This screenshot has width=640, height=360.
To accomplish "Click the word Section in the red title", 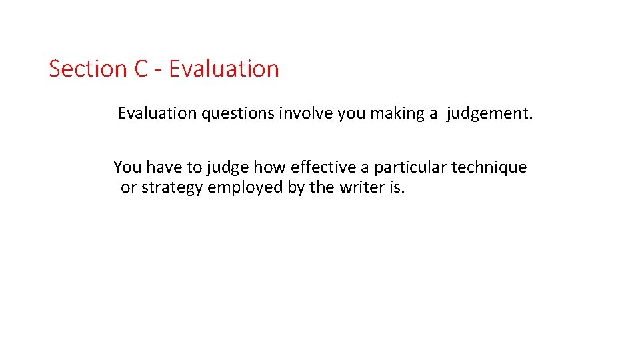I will click(x=88, y=69).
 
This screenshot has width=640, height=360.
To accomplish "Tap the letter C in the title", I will click(x=141, y=69).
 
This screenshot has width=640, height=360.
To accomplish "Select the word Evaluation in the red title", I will click(x=224, y=69).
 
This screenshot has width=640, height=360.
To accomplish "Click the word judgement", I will click(x=490, y=114).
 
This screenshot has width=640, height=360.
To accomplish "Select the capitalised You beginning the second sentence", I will click(x=127, y=167).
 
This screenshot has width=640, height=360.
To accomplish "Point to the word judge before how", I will click(x=228, y=167).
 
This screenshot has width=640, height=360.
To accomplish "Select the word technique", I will click(x=489, y=167).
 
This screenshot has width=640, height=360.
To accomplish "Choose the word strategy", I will click(x=172, y=188).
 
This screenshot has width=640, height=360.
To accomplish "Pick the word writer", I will click(x=361, y=187).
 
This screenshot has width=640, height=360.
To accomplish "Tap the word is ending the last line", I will click(x=396, y=187).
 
